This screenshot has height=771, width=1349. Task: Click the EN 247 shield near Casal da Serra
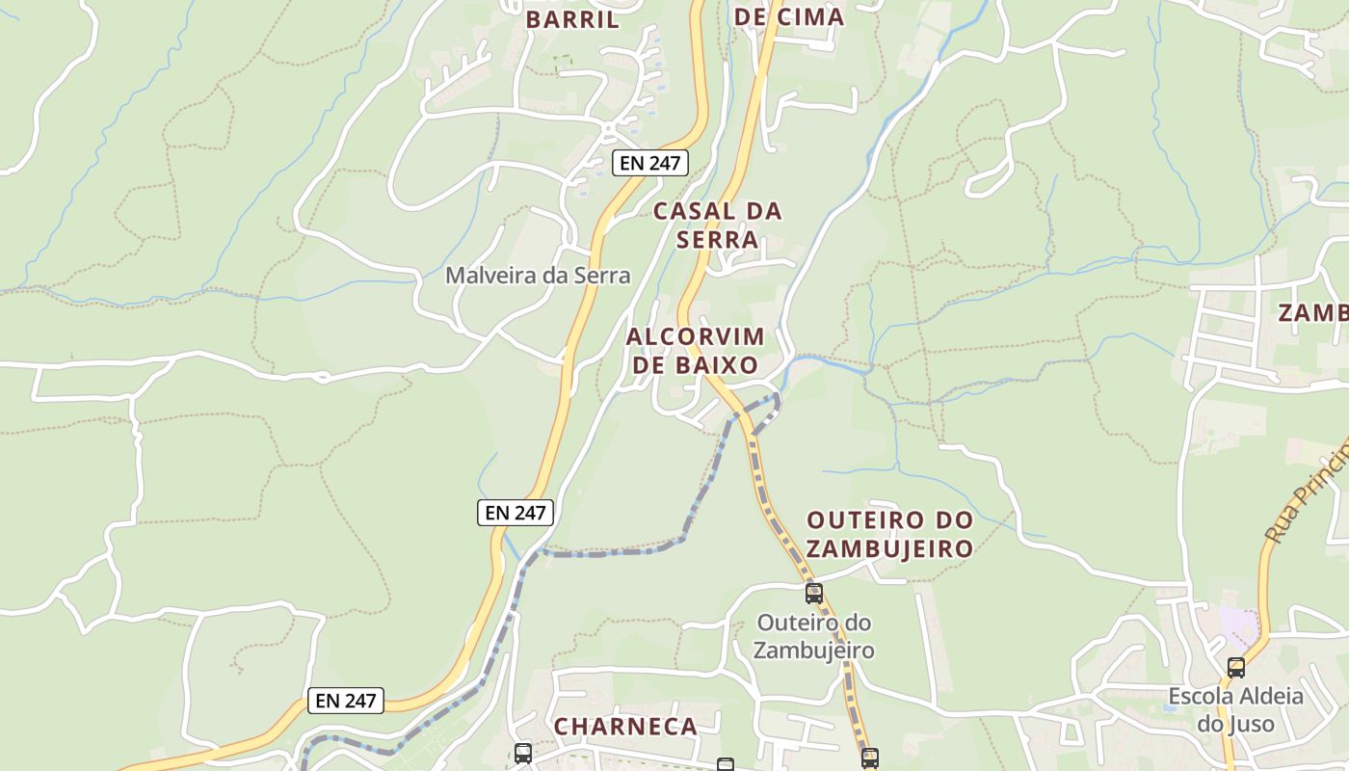tap(650, 163)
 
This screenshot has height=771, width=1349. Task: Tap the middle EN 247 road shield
tap(516, 513)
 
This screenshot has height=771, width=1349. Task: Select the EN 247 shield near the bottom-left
tap(346, 701)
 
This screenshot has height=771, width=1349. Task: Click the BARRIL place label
tap(572, 19)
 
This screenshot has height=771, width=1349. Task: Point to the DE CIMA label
tap(789, 16)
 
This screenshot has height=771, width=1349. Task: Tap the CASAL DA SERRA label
tap(718, 225)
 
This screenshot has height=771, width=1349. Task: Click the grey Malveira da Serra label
tap(538, 276)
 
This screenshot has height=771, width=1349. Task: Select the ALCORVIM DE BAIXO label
tap(695, 351)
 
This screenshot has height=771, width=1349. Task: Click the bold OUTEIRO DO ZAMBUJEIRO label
tap(889, 534)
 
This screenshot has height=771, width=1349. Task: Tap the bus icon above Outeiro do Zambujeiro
tap(814, 593)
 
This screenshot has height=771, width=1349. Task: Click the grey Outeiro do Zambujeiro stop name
tap(814, 636)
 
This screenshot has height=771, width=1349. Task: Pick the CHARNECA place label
tap(625, 727)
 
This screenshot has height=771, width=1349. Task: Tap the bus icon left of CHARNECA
tap(522, 753)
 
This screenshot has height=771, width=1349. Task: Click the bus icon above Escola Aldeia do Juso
tap(1235, 667)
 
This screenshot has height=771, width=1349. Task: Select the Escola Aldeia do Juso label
tap(1235, 709)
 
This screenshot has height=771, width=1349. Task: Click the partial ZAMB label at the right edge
tap(1313, 313)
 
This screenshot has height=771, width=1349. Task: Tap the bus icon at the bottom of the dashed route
tap(869, 758)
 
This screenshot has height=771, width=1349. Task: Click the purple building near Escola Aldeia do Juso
tap(1238, 624)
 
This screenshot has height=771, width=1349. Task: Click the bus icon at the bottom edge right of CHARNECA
tap(725, 765)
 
